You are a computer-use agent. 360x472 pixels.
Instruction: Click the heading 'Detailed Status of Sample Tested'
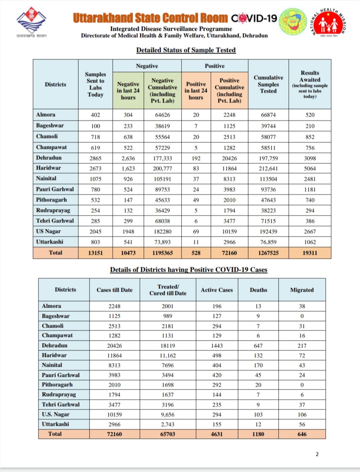pos(186,50)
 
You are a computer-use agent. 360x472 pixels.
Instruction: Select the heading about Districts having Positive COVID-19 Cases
pos(188,270)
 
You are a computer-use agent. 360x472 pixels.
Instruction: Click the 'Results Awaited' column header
pos(310,84)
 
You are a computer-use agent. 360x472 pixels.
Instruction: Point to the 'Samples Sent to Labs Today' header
pos(95,84)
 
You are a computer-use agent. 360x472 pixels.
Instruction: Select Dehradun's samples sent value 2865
pos(95,158)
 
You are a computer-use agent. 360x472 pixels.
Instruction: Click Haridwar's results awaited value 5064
pos(310,169)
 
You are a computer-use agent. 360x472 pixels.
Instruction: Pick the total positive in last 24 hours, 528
pos(196,253)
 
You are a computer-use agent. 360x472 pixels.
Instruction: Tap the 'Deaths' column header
pos(258,290)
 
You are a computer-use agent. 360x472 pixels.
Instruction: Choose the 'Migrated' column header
pos(302,290)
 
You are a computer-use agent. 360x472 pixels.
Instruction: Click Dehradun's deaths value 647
pos(258,346)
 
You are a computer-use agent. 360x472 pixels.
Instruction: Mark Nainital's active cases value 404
pos(217,365)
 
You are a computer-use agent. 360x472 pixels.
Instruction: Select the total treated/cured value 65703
pos(168,434)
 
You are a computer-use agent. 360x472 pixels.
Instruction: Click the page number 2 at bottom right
pos(317,454)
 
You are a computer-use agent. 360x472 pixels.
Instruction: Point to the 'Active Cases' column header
pos(217,290)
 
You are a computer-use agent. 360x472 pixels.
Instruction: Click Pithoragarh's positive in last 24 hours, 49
pos(196,200)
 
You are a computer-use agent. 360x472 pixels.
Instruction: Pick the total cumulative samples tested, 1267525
pos(268,253)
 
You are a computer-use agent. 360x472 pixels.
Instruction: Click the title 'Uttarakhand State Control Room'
pos(150,18)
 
